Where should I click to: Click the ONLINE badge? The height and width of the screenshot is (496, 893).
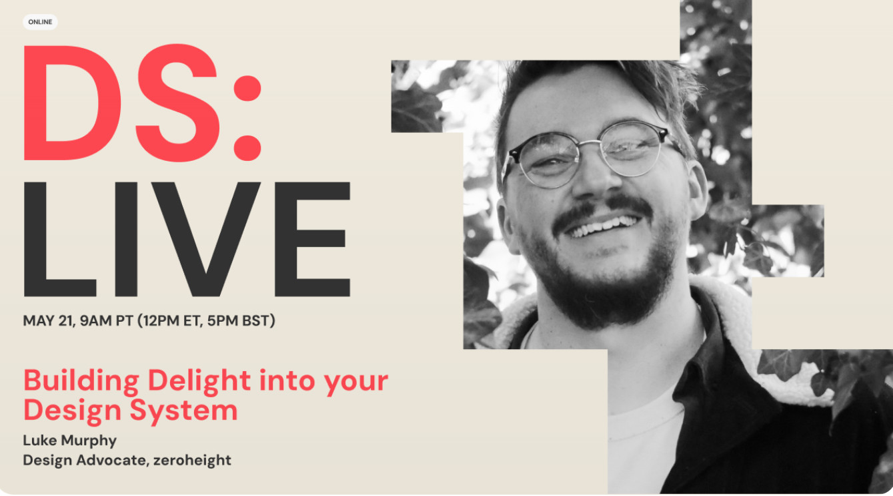coord(40,22)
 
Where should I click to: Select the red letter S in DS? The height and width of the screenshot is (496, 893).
coord(178,103)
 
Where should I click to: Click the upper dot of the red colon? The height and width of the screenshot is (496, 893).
coord(247,88)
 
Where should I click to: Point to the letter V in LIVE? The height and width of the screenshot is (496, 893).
coord(206,239)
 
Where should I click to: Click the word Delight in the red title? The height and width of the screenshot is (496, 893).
coord(199,381)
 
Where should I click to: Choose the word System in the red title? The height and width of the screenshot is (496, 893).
coord(184,411)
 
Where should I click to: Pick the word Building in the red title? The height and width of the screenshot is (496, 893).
coord(81,381)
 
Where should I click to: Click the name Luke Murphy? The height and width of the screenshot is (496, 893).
coord(70,441)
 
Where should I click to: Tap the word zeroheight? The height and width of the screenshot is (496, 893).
coord(192,460)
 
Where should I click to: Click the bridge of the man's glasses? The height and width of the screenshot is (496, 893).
coord(590,144)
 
